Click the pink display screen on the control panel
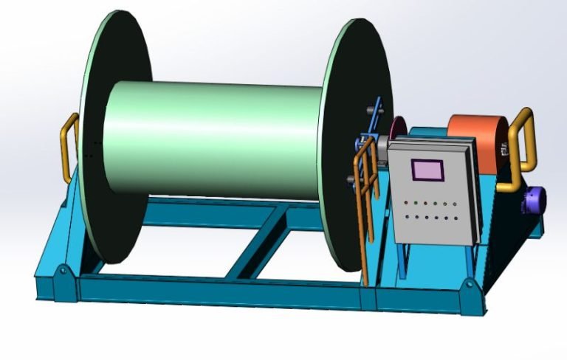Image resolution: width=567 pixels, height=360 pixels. (426, 170)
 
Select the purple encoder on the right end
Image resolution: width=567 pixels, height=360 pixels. (534, 199)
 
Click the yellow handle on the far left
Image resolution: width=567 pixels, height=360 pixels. (67, 148)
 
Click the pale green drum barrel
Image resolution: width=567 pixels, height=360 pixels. (214, 140)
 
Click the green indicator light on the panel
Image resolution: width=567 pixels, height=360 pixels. (416, 202)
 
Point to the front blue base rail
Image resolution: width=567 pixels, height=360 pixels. (221, 295)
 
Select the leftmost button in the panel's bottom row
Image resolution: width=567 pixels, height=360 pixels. (407, 216)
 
